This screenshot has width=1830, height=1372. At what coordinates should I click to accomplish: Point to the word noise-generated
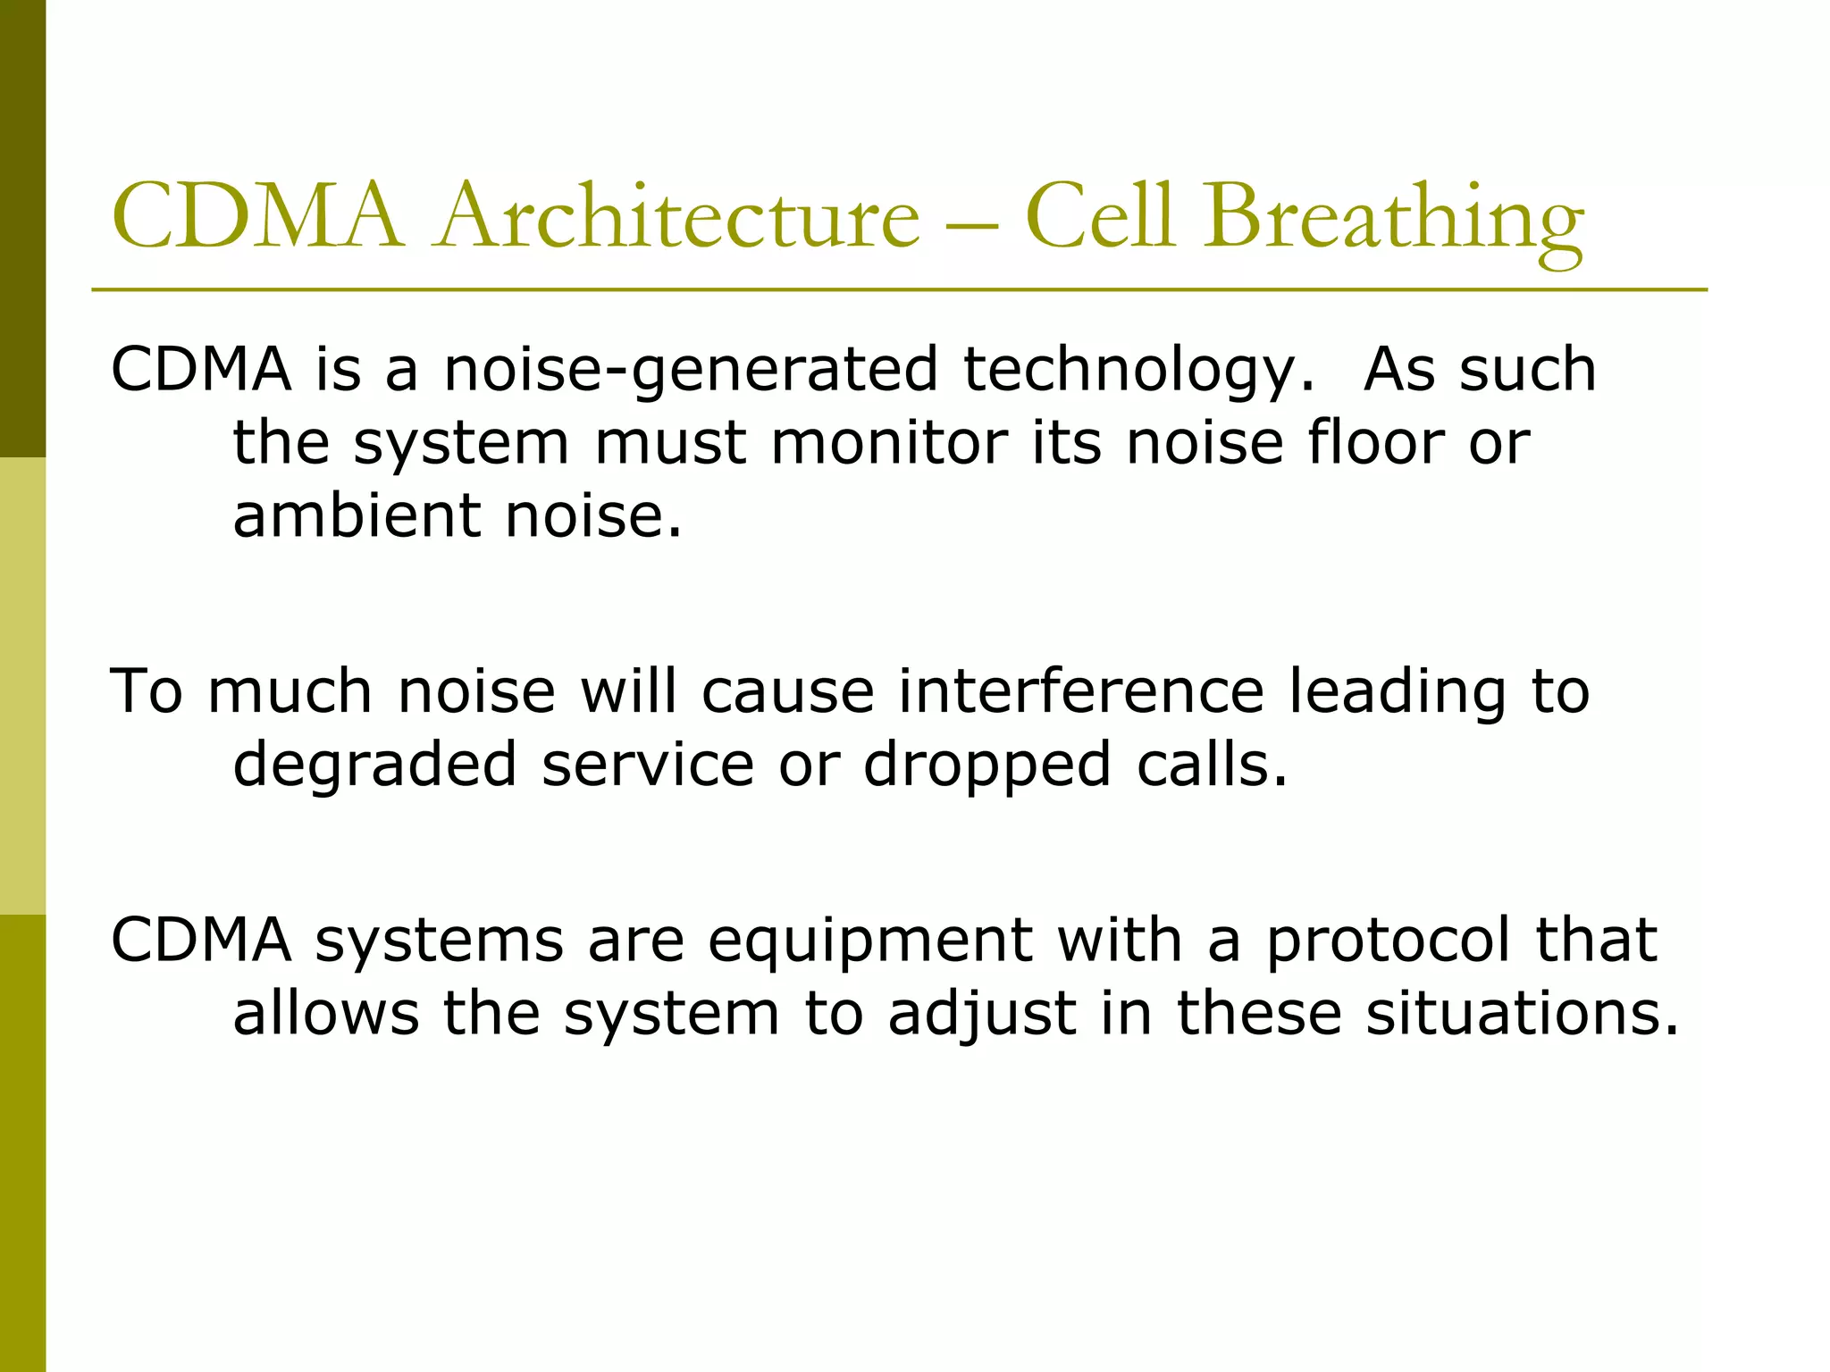pyautogui.click(x=691, y=370)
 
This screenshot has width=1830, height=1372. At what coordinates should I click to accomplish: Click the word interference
pyautogui.click(x=1080, y=691)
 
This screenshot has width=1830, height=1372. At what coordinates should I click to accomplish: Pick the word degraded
pyautogui.click(x=374, y=765)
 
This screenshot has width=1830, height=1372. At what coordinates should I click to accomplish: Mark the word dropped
pyautogui.click(x=986, y=766)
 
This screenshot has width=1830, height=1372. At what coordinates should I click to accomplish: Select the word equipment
pyautogui.click(x=870, y=941)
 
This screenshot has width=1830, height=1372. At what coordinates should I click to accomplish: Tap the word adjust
pyautogui.click(x=981, y=1015)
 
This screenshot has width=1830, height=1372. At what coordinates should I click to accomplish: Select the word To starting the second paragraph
pyautogui.click(x=147, y=691)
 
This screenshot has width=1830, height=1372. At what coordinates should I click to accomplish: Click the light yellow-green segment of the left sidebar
pyautogui.click(x=22, y=686)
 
